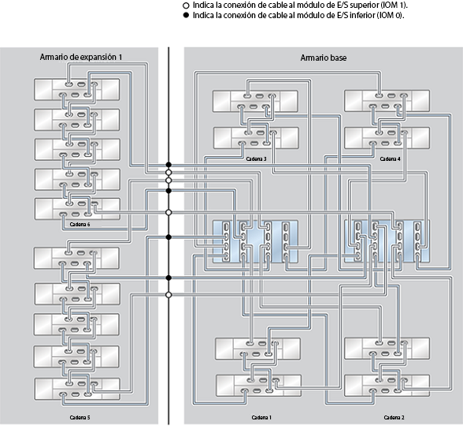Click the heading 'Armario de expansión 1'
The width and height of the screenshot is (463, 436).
click(80, 58)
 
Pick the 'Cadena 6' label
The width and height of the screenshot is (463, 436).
click(80, 224)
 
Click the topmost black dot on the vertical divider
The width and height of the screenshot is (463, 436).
click(169, 166)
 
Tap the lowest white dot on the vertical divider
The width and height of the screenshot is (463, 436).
click(169, 294)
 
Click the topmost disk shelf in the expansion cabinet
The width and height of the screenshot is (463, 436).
click(76, 88)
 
